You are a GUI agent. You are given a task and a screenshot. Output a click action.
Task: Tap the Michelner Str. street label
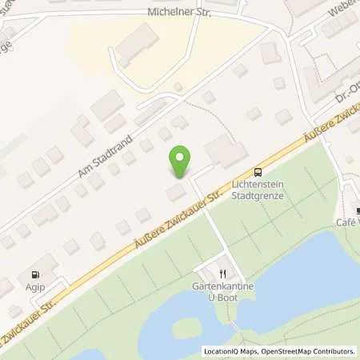click(x=181, y=12)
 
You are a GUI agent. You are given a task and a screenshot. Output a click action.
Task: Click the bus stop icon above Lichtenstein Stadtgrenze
click(x=257, y=172)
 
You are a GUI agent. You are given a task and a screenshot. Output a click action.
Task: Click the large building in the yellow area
click(x=137, y=45)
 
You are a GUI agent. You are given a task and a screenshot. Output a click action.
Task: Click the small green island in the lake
click(x=186, y=327)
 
